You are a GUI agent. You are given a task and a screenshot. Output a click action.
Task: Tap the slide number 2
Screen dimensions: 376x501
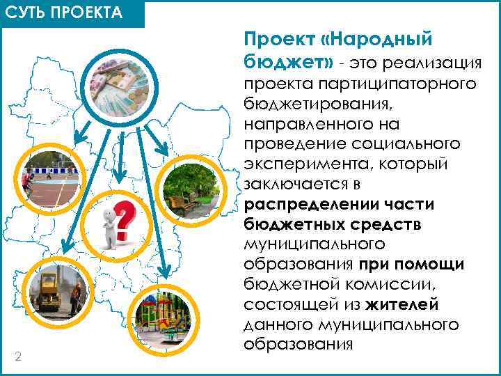(18, 357)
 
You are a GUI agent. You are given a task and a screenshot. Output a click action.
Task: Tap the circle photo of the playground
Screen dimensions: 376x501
(162, 318)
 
